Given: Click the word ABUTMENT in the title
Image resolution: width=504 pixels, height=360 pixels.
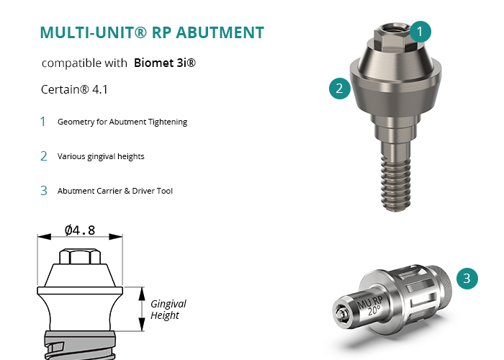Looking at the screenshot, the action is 220,32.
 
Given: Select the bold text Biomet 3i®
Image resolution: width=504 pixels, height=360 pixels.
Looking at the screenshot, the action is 165,63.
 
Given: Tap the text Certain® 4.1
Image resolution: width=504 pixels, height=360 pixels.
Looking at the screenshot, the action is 74,89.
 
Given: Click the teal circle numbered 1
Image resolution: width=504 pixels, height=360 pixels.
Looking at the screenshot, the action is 420,32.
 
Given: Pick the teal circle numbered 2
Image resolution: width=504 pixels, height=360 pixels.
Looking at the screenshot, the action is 340,89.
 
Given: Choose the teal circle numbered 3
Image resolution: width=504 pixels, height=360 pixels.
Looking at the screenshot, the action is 467,279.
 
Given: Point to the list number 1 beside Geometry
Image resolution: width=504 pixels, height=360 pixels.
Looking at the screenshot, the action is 42,122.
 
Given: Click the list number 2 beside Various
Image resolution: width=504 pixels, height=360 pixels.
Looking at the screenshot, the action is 44,156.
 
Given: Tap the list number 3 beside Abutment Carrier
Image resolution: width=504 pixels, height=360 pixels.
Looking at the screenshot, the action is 44,191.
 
